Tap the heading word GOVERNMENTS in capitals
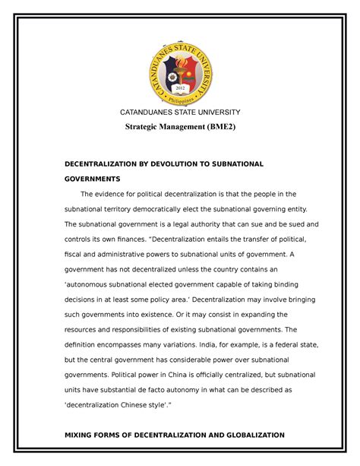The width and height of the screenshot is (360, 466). (x=92, y=179)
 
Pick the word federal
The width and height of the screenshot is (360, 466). (x=270, y=343)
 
